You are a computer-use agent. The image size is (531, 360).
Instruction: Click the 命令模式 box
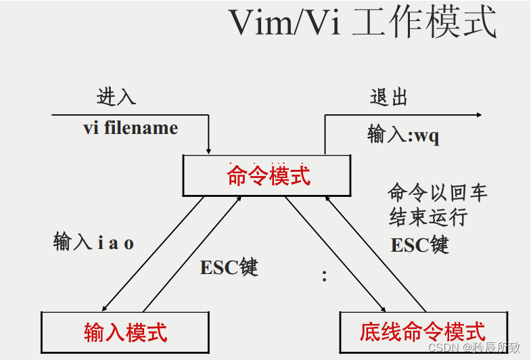[x=269, y=176]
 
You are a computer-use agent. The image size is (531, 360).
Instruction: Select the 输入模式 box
[x=126, y=332]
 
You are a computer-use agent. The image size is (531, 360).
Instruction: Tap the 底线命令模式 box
[x=422, y=332]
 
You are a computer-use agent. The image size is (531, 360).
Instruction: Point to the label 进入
[x=116, y=97]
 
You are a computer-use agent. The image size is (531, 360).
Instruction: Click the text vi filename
[x=131, y=128]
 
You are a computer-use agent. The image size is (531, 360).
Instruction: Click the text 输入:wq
[x=403, y=135]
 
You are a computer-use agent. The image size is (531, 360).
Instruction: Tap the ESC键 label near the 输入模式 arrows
[x=229, y=267]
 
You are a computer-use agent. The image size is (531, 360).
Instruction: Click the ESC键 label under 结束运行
[x=419, y=244]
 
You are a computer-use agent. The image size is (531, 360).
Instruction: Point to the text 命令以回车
[x=437, y=193]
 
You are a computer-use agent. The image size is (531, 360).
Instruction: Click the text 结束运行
[x=428, y=218]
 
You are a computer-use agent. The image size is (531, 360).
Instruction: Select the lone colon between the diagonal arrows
[x=325, y=276]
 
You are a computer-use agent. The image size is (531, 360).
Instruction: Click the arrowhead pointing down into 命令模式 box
[x=209, y=150]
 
